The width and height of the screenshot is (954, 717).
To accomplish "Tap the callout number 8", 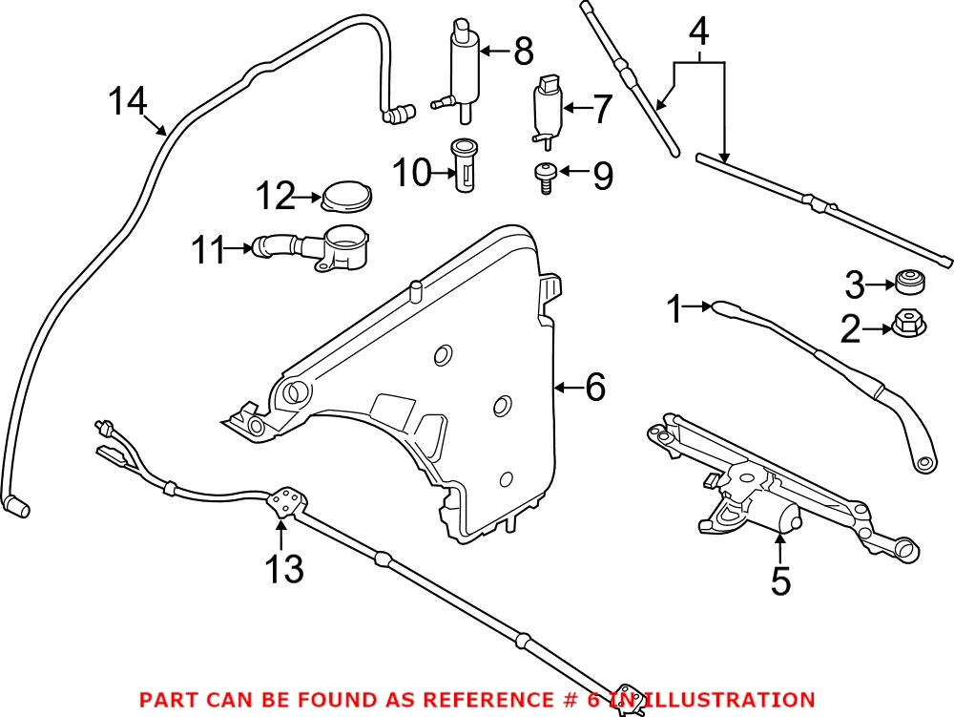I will tap(522, 52).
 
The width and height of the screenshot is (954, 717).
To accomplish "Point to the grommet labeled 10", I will tap(464, 165).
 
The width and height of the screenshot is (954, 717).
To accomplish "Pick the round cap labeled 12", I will tap(347, 200).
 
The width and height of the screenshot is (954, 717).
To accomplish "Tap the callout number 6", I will tap(594, 388).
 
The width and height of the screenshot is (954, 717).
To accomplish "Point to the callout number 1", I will tap(675, 309).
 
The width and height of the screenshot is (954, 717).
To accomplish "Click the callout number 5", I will tap(780, 580).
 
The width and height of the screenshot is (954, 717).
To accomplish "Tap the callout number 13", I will tap(284, 568).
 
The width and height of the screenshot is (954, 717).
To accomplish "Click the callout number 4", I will tap(698, 33).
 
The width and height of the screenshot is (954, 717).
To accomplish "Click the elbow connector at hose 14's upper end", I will tap(394, 116).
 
